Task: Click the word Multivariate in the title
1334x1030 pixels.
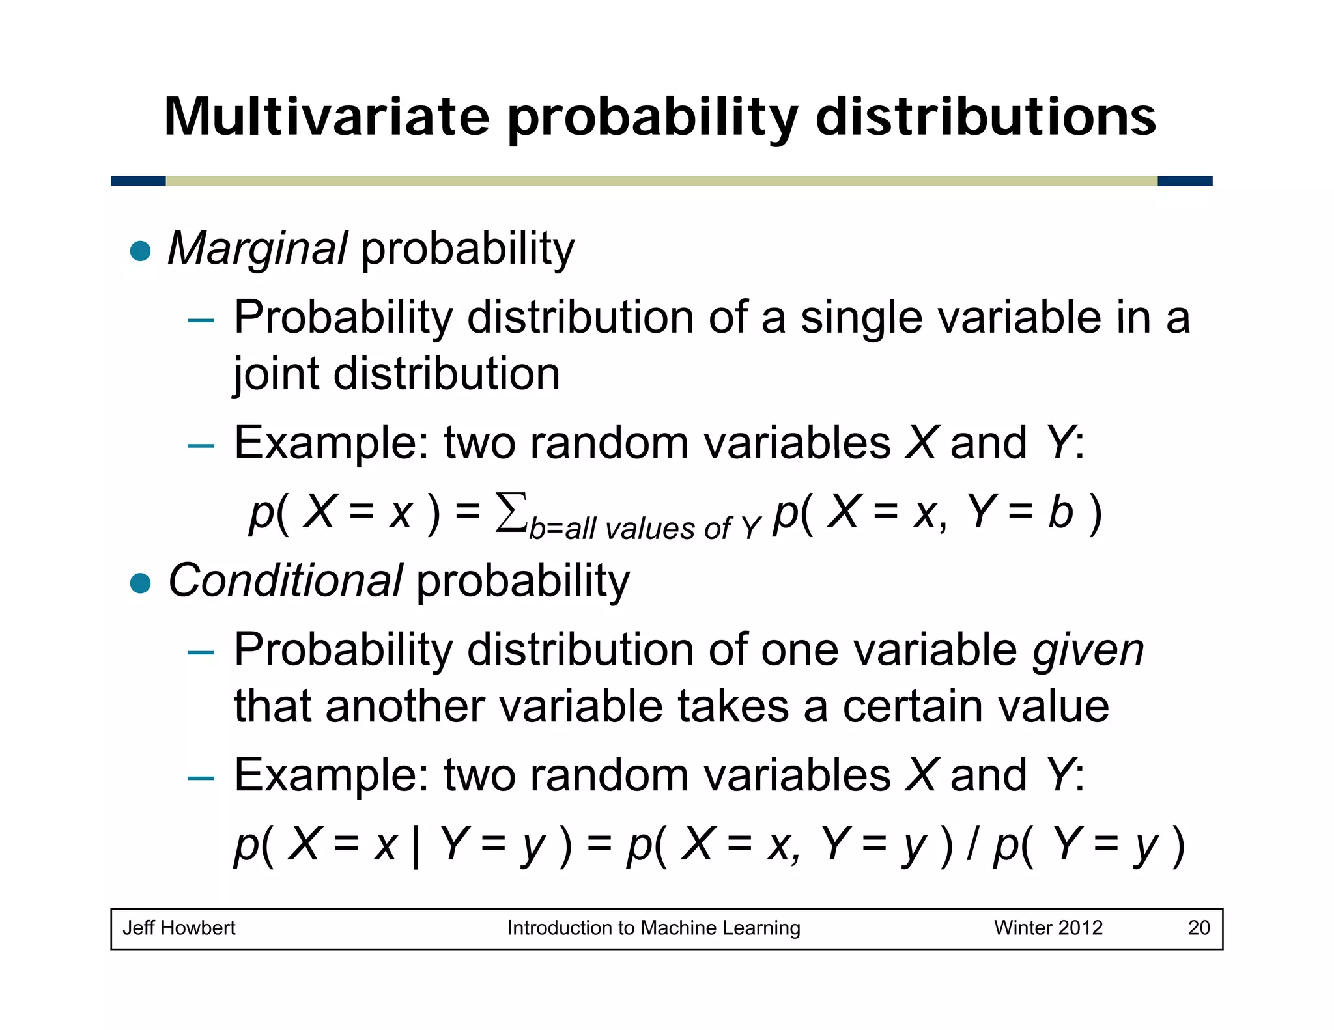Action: click(326, 117)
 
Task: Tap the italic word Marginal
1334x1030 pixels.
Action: click(257, 249)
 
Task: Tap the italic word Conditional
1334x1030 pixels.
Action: click(285, 581)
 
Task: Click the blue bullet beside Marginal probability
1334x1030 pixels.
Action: click(140, 251)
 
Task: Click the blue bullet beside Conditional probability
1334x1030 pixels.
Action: click(140, 583)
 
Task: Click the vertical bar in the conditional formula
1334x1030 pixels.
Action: click(416, 846)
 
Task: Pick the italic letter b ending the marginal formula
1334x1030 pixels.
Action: click(1060, 512)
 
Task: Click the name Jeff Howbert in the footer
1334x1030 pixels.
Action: click(178, 928)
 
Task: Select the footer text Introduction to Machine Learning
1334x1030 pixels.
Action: click(653, 928)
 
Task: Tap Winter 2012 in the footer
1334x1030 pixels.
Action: click(1047, 928)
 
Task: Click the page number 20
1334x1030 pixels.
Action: click(1199, 928)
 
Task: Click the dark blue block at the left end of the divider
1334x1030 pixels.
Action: click(138, 181)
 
